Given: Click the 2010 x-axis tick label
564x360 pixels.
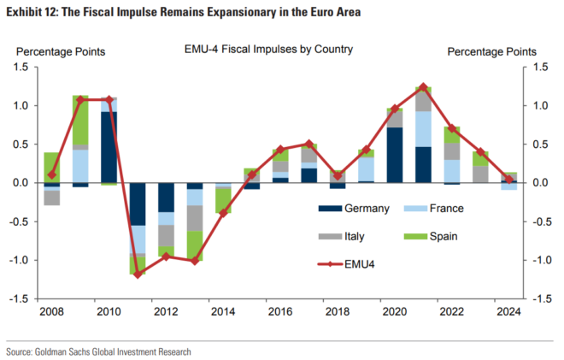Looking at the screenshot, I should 109,312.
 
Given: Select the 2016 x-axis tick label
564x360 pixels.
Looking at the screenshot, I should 280,312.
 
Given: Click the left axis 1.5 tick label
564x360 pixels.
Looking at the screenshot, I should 21,67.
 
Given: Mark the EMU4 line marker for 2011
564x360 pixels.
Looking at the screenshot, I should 137,274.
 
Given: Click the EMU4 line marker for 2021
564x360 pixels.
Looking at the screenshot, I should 423,87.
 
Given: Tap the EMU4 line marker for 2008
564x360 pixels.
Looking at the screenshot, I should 51,174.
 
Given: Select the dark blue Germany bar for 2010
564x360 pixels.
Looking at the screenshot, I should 109,147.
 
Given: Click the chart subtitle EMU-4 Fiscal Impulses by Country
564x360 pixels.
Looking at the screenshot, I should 268,50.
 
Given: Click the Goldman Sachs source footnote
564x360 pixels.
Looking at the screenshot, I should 98,351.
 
